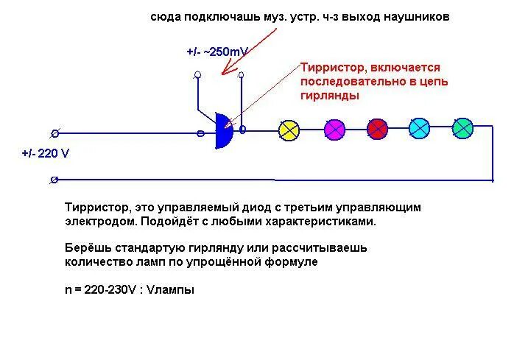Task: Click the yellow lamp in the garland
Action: pyautogui.click(x=289, y=130)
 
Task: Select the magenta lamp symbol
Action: pyautogui.click(x=334, y=130)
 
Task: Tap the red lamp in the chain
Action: pyautogui.click(x=377, y=129)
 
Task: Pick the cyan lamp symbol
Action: pyautogui.click(x=420, y=128)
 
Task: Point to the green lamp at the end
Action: pyautogui.click(x=462, y=128)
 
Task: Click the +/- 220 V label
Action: pyautogui.click(x=46, y=154)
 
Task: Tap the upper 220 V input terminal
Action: pyautogui.click(x=54, y=133)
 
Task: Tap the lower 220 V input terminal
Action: pyautogui.click(x=54, y=180)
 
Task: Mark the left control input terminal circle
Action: pyautogui.click(x=197, y=75)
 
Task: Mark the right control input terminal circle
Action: pyautogui.click(x=241, y=74)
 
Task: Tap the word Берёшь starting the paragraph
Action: pyautogui.click(x=86, y=248)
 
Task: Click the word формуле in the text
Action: pyautogui.click(x=295, y=262)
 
